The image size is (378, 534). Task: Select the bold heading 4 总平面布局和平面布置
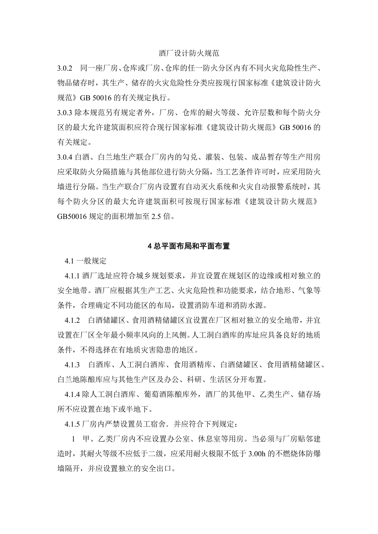(189, 246)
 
